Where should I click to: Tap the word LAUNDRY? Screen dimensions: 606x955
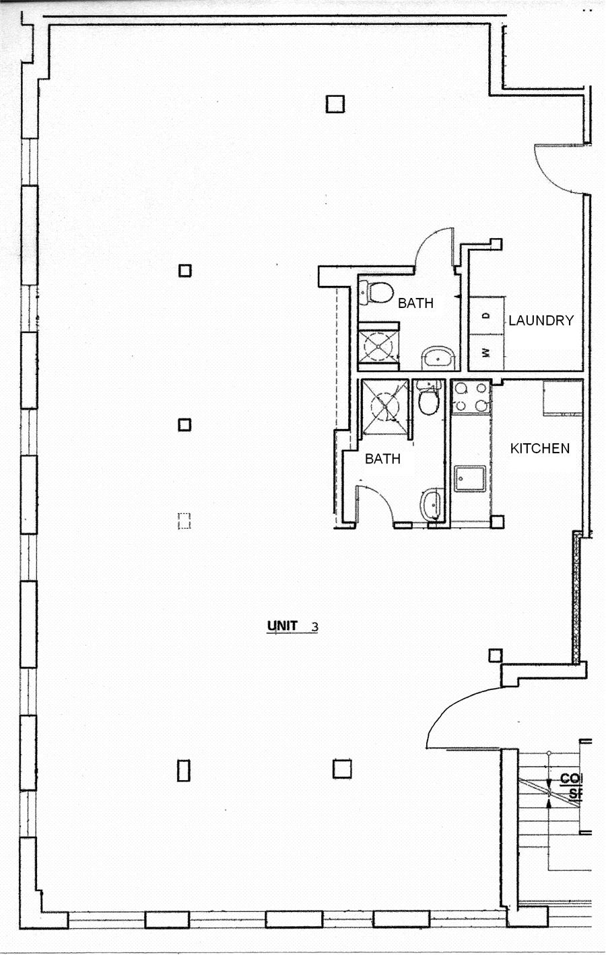pos(540,321)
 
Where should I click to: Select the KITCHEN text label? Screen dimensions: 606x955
pos(539,449)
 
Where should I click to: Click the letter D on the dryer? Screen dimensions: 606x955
pos(486,315)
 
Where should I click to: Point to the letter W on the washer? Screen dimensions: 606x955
pos(486,352)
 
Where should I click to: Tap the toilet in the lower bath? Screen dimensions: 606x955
pos(428,402)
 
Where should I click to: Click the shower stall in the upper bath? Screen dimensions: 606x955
pos(378,346)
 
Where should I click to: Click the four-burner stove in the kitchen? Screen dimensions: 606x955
pos(470,397)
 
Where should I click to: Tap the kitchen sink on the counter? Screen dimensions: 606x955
pos(469,478)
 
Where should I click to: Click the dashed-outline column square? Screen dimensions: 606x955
pos(184,521)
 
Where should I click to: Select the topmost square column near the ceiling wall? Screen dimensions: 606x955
pos(335,104)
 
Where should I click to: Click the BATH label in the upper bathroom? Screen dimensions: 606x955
pos(415,303)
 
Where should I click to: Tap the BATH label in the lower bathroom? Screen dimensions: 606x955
pos(382,459)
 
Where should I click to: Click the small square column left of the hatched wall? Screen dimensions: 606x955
pos(495,654)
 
